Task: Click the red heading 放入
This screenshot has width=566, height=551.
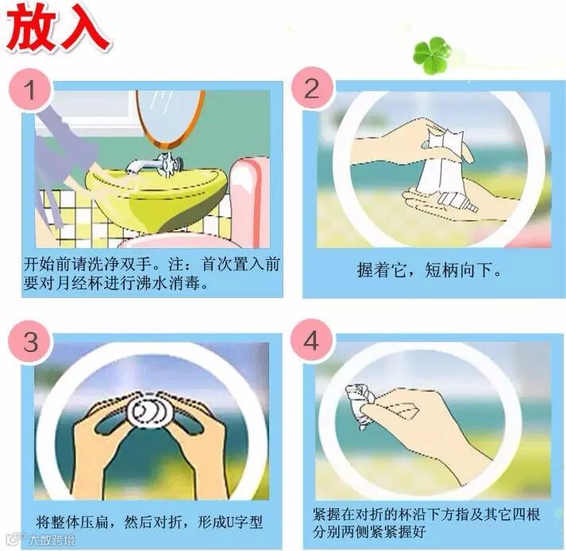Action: (58, 27)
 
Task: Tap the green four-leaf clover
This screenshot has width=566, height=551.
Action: (432, 55)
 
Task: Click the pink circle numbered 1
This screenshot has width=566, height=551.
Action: (31, 89)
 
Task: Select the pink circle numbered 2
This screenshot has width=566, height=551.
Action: (312, 89)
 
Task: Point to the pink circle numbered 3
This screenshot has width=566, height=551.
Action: (31, 342)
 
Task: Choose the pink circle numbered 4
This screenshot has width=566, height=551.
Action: (311, 341)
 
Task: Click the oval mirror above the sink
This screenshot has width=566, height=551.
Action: (170, 119)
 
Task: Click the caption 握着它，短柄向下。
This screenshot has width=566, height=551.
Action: (429, 270)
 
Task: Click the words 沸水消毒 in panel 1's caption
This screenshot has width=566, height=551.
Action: (167, 285)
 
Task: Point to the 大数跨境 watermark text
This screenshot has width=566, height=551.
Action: (52, 540)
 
